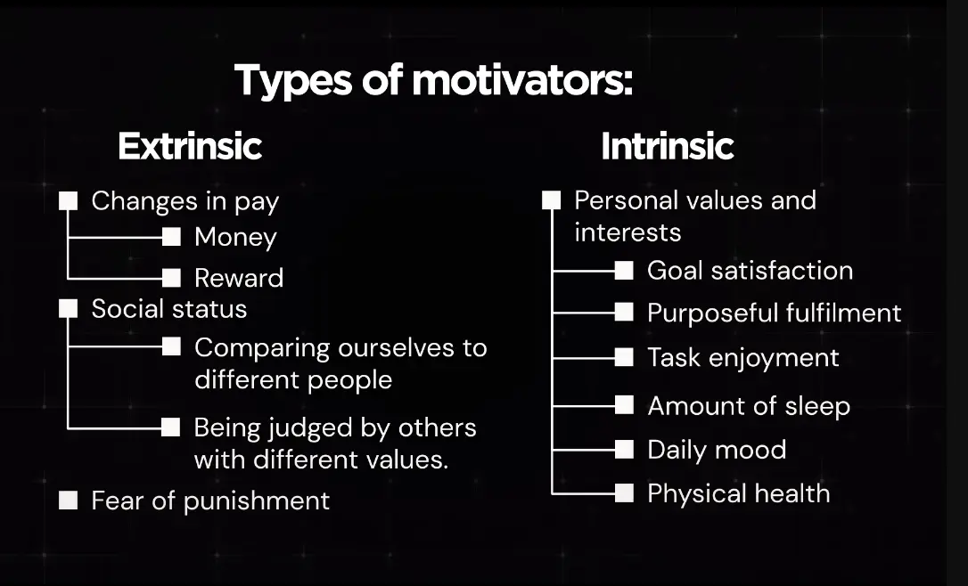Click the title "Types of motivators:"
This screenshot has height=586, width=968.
pyautogui.click(x=433, y=81)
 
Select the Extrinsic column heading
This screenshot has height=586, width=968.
pyautogui.click(x=190, y=146)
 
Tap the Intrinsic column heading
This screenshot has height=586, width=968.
pyautogui.click(x=668, y=146)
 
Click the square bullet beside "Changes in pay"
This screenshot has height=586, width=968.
pyautogui.click(x=68, y=201)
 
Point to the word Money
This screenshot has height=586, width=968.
pyautogui.click(x=235, y=238)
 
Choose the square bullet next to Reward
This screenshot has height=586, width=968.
pyautogui.click(x=171, y=278)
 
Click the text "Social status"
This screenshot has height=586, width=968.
pyautogui.click(x=169, y=309)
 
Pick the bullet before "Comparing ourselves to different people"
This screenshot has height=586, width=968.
pyautogui.click(x=171, y=346)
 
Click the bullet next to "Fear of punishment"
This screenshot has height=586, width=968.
pyautogui.click(x=68, y=501)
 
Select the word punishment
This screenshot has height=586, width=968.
pyautogui.click(x=256, y=501)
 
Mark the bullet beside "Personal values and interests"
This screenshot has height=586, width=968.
pyautogui.click(x=551, y=199)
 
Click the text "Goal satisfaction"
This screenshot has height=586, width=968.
pyautogui.click(x=751, y=271)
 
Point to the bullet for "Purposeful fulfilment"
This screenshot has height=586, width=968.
pyautogui.click(x=624, y=312)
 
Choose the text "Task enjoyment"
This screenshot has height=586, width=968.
pyautogui.click(x=743, y=358)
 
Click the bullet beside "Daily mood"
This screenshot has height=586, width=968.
pyautogui.click(x=624, y=450)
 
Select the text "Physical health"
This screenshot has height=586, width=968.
pyautogui.click(x=739, y=494)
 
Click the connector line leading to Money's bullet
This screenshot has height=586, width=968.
pyautogui.click(x=115, y=237)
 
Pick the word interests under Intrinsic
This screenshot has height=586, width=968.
pyautogui.click(x=628, y=232)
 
